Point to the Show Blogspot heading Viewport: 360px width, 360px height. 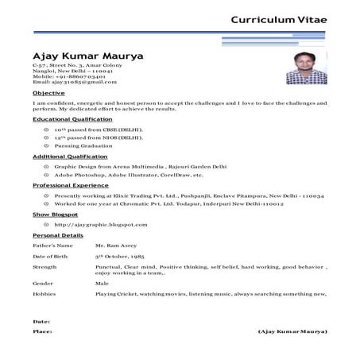tap(55, 215)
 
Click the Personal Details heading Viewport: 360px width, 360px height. tap(57, 235)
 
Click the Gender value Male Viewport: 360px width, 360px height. tap(102, 283)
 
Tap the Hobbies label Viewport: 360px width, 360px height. tap(44, 294)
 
